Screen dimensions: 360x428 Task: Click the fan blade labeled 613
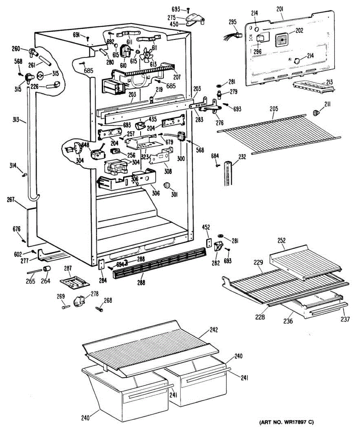click(x=146, y=55)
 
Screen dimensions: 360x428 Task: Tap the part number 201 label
click(x=280, y=9)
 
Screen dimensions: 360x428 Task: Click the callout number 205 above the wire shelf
click(x=274, y=109)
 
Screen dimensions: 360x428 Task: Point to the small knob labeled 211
click(x=316, y=113)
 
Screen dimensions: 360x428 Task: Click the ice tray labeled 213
click(x=314, y=87)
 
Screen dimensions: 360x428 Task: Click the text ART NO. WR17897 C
click(x=287, y=422)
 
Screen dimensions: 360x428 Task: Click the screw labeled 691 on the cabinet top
click(x=88, y=38)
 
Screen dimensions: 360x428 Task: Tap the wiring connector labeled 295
click(x=233, y=36)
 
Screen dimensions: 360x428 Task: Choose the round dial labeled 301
click(x=167, y=185)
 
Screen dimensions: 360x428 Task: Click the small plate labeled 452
click(x=209, y=243)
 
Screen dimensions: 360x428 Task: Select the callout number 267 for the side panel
click(x=10, y=199)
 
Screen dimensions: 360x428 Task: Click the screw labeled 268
click(x=99, y=309)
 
